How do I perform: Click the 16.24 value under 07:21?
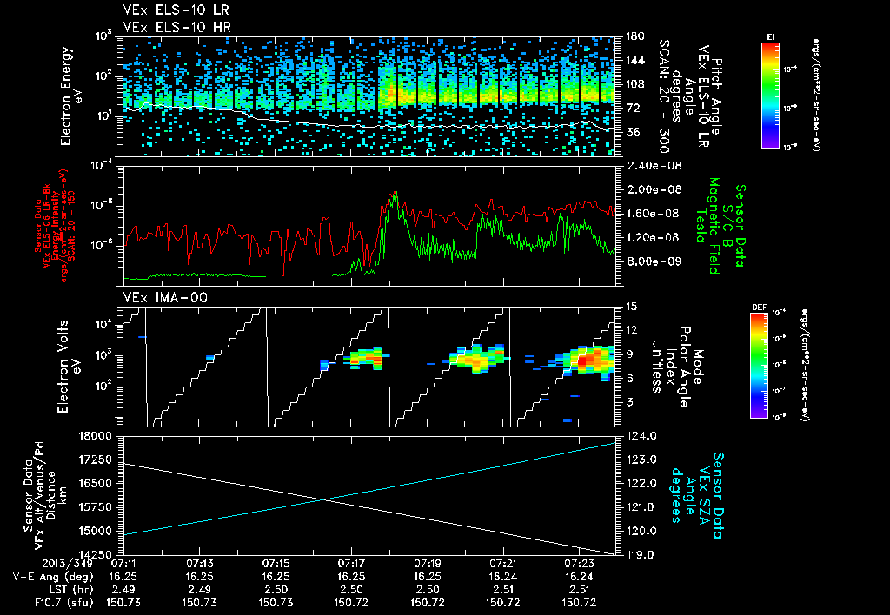[503, 576]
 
